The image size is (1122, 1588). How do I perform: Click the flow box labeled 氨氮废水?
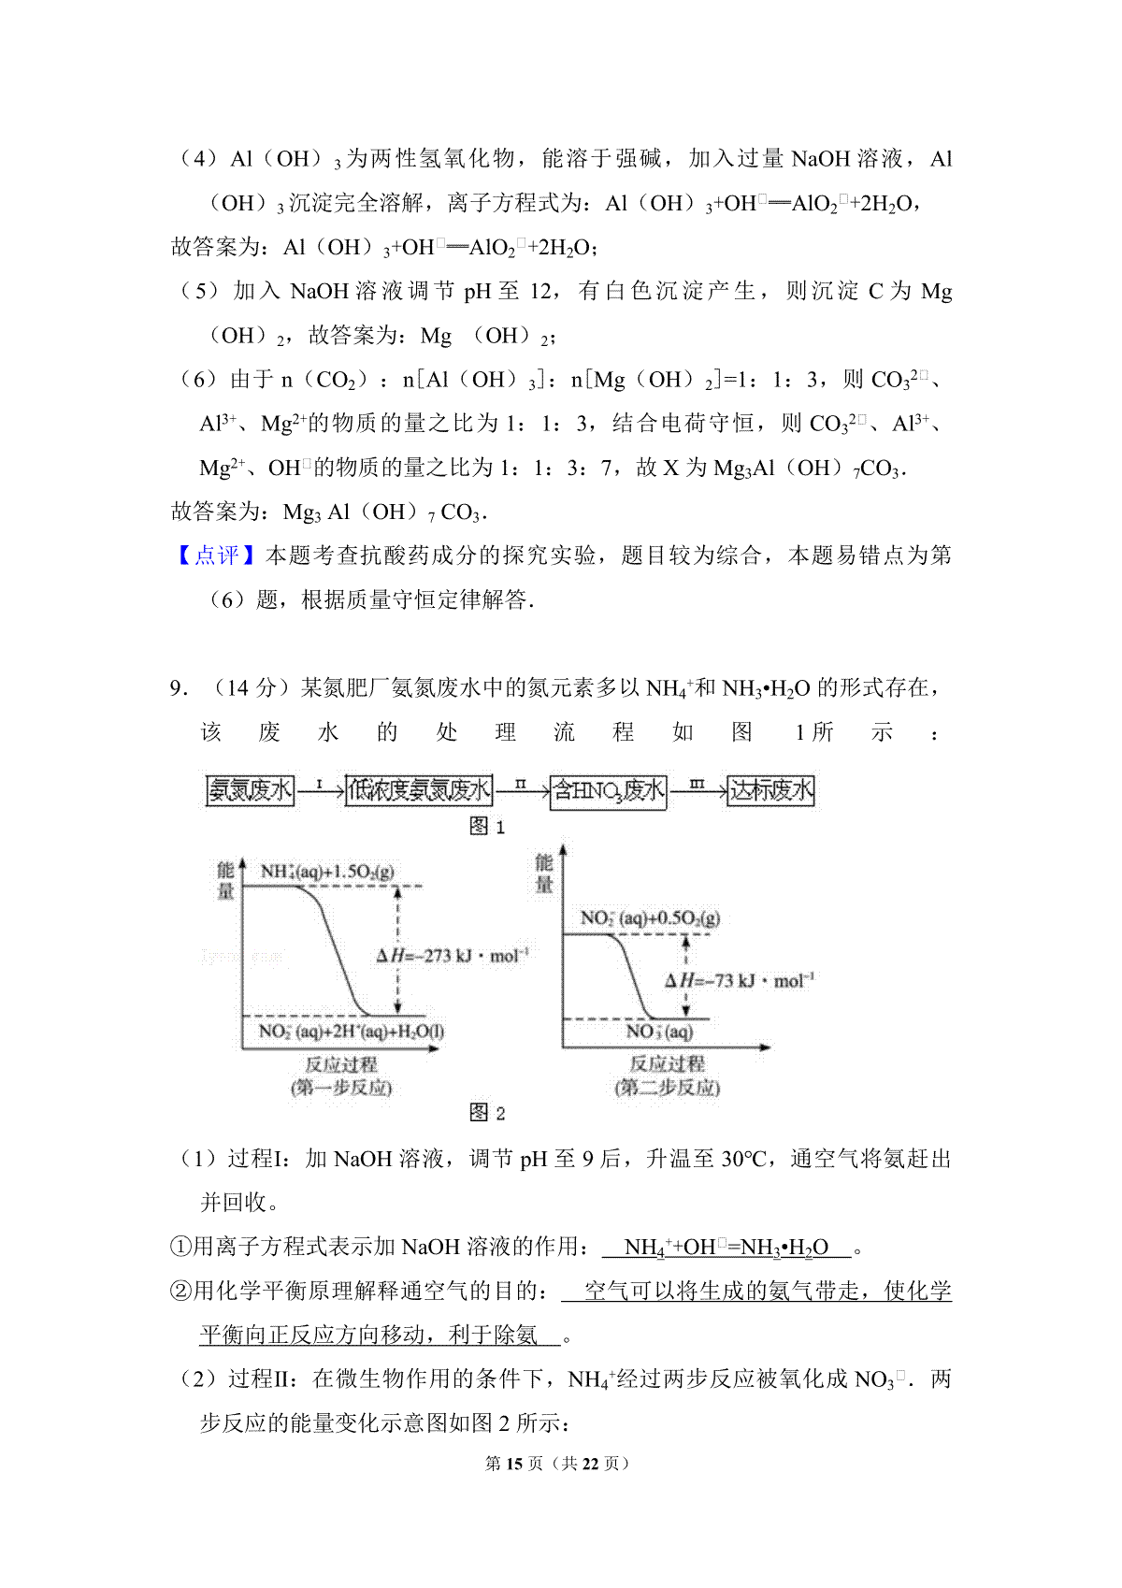250,790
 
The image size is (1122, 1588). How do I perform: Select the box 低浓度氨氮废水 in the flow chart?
418,790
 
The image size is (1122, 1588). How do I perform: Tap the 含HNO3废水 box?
608,791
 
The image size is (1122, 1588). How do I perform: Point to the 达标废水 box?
770,790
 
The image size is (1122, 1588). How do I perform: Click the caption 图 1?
486,826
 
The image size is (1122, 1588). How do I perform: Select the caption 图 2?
486,1112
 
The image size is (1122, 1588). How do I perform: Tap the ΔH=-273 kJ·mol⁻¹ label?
453,955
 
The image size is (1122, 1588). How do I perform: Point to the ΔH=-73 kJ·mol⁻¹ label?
740,980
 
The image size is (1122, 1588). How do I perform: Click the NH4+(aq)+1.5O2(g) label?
327,872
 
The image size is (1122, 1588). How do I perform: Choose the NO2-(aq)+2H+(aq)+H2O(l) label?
351,1032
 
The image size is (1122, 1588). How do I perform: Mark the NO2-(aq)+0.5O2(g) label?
650,918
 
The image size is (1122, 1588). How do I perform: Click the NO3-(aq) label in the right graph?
659,1032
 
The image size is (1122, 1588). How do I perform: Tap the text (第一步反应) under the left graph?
341,1088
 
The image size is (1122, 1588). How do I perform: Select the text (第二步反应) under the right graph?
667,1088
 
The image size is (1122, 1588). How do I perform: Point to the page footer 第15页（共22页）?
559,1463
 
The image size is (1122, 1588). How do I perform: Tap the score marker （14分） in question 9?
251,688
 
